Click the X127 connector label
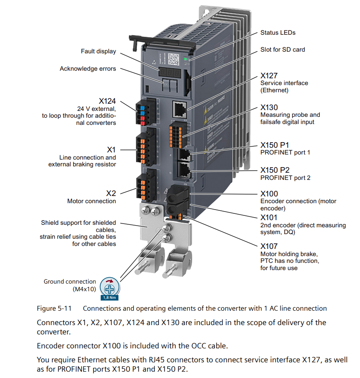269,75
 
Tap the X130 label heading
269,107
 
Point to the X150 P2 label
275,170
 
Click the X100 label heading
269,193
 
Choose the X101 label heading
269,218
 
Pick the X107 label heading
269,246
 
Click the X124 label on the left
107,101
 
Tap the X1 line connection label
111,149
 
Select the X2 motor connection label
111,193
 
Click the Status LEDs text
278,33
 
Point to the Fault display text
98,51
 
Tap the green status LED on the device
185,59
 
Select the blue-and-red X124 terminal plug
143,112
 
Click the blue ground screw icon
110,289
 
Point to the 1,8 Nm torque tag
110,298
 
